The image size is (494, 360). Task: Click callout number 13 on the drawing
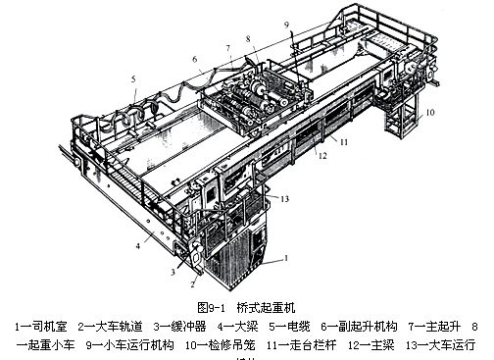pyautogui.click(x=286, y=199)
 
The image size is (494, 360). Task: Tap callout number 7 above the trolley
pyautogui.click(x=228, y=46)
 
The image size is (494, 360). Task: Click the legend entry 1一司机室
pyautogui.click(x=40, y=326)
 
